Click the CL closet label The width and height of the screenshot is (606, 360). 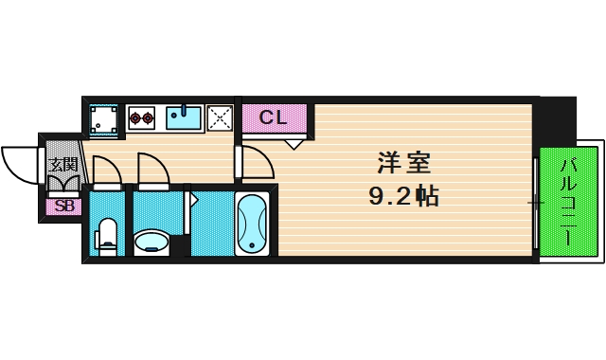coord(274,118)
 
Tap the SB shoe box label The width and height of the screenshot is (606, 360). coord(64,206)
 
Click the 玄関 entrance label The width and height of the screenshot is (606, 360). coord(63,164)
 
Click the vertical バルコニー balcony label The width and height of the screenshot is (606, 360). coord(569,203)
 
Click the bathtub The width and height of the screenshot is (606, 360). coord(253,224)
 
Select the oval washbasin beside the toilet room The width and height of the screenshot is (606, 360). coord(151,242)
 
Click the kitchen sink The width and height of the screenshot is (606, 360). coord(184,117)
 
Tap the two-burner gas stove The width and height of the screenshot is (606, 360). coord(142,118)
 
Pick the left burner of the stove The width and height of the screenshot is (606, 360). coord(134,118)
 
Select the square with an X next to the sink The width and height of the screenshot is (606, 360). coord(221,118)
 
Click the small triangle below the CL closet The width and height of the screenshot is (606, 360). coord(294,144)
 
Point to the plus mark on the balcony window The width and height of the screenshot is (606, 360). coord(535,203)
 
